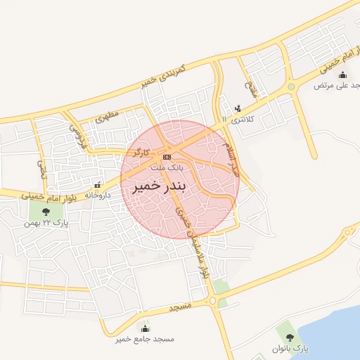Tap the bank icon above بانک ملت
[167, 156]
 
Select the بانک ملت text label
[169, 168]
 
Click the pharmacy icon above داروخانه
[97, 184]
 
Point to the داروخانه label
[97, 195]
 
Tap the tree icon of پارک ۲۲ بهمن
[46, 210]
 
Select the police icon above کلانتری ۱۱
[238, 108]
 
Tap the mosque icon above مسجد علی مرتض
[342, 75]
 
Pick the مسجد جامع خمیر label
[146, 340]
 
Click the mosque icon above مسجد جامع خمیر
[146, 328]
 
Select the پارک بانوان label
[289, 349]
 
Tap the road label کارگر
[138, 151]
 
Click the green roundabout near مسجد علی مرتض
[290, 87]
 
